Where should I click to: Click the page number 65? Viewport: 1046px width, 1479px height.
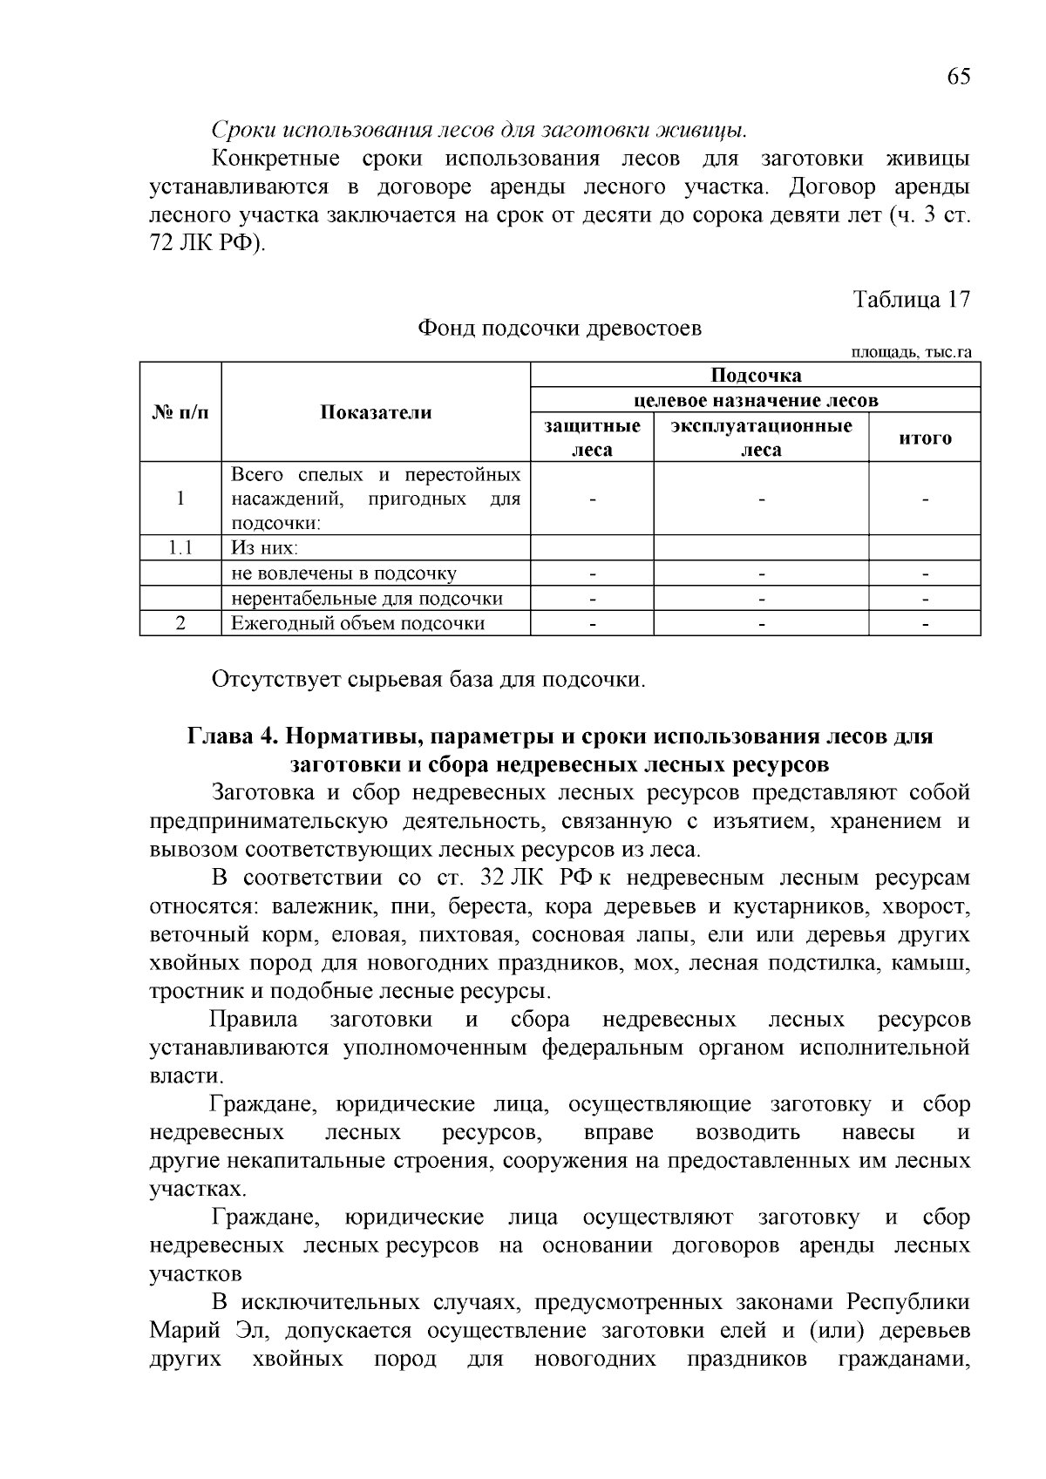pos(957,77)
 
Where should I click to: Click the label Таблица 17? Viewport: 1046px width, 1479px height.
pos(911,299)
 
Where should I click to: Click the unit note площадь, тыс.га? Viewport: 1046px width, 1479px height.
pos(911,352)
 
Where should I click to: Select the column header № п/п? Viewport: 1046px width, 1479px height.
pos(180,412)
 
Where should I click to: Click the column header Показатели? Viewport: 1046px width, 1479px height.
pos(376,412)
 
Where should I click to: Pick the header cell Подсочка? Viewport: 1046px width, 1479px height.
pos(755,376)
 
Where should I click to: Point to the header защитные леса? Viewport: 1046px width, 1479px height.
pos(592,438)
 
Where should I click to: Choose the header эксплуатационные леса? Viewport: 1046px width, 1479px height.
pos(761,438)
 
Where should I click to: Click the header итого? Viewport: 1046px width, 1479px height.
pos(924,438)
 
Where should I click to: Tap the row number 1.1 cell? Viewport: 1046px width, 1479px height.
pos(180,547)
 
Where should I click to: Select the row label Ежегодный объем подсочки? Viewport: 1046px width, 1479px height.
pos(357,622)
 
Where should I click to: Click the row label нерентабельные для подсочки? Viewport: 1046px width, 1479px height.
pos(366,598)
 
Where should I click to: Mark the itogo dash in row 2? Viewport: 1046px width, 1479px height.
pos(925,624)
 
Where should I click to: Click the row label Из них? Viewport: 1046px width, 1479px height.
pos(264,547)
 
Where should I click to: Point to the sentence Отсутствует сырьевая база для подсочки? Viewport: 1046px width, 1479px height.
pos(428,679)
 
